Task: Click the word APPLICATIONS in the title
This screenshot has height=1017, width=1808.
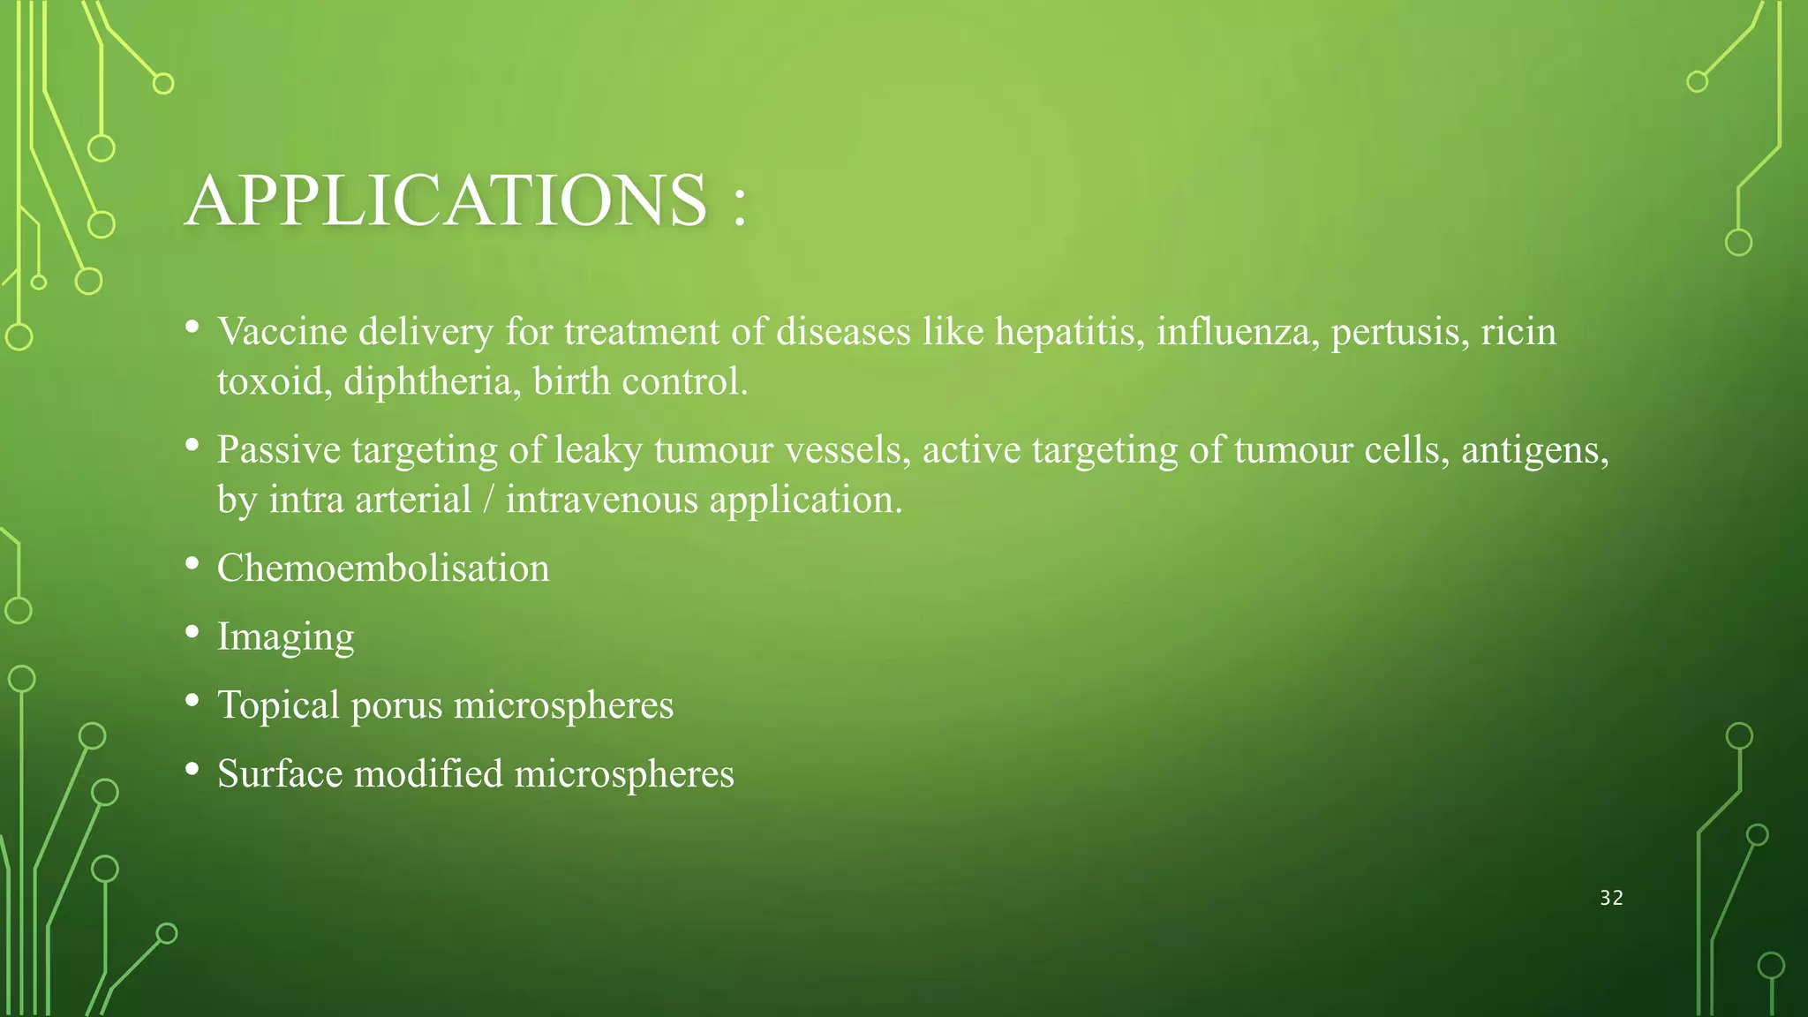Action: tap(446, 200)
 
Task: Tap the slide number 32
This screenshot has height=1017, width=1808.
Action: tap(1611, 898)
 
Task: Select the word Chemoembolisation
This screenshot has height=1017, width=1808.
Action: tap(383, 568)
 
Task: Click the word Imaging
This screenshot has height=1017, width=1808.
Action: tap(285, 637)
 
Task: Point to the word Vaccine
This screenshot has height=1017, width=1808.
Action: tap(282, 332)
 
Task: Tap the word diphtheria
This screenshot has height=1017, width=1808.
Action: tap(433, 382)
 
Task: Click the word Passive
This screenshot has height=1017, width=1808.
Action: tap(279, 450)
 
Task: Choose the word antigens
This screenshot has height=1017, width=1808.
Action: tap(1534, 451)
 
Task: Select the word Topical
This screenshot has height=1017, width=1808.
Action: tap(278, 705)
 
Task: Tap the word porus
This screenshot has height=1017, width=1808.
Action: tap(396, 706)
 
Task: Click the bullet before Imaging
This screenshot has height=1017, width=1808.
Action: tap(192, 632)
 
